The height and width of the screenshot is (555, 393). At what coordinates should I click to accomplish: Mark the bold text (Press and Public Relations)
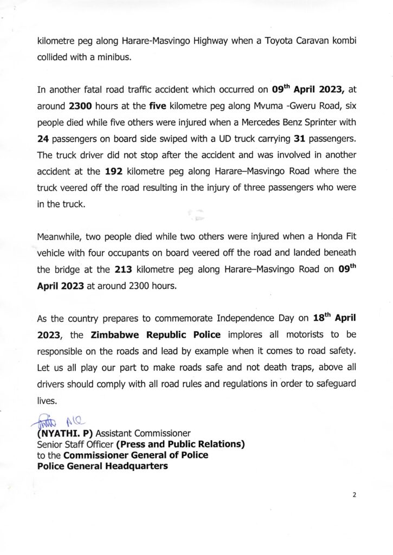point(180,444)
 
